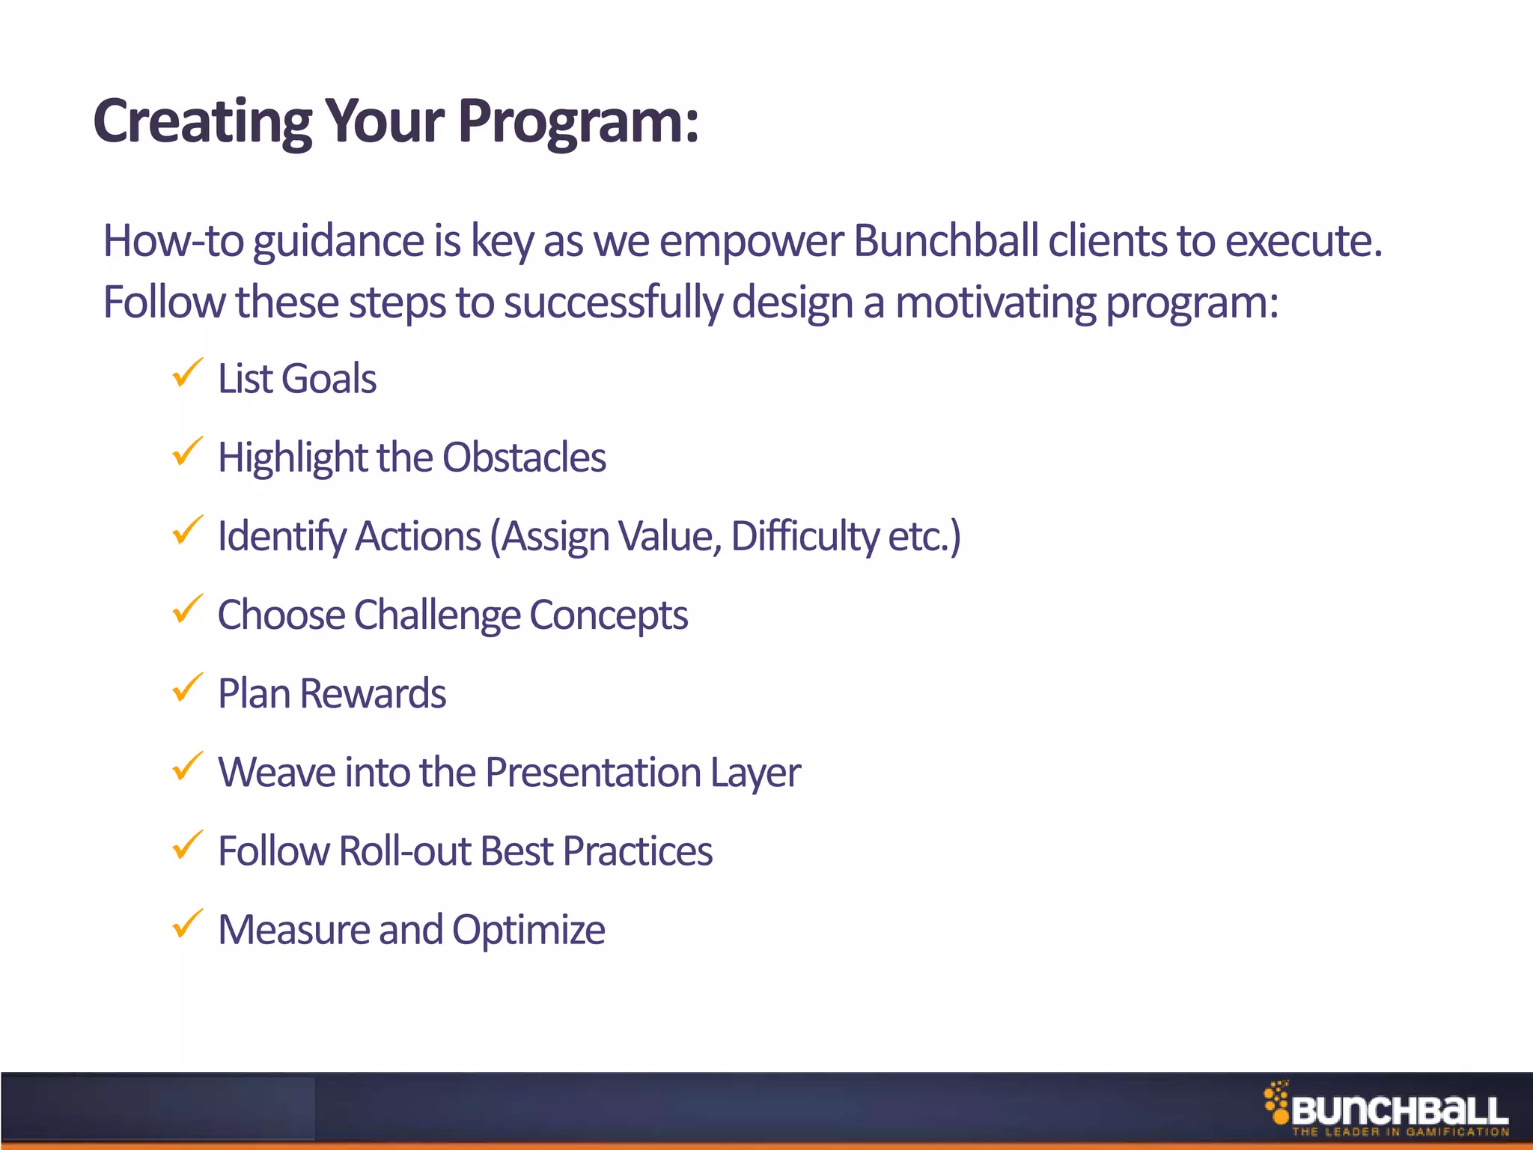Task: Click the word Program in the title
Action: pos(578,121)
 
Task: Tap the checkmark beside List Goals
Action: pos(187,373)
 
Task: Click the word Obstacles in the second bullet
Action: pos(524,457)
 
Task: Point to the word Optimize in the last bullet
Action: pos(528,931)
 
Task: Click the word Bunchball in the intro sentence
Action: pos(945,241)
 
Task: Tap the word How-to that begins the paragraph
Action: pos(173,241)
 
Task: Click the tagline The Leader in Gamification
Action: pos(1400,1132)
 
